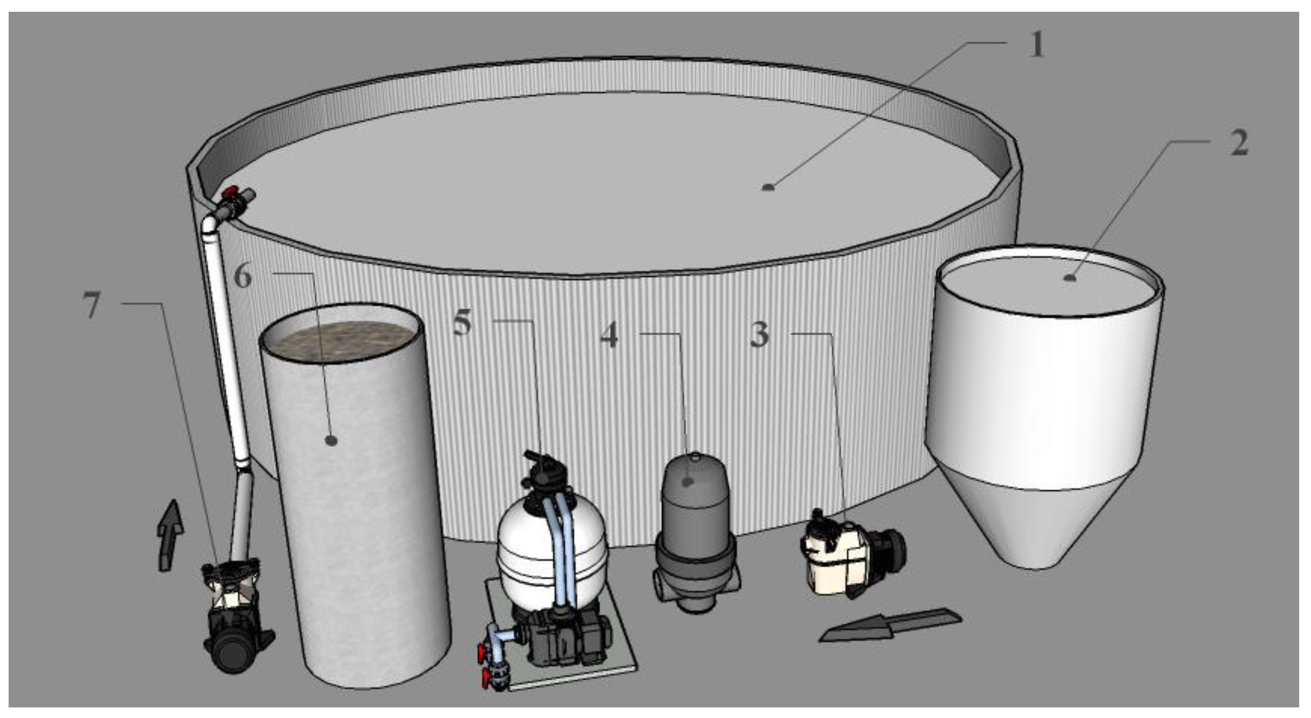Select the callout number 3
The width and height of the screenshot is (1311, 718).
759,334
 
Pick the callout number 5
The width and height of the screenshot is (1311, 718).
462,322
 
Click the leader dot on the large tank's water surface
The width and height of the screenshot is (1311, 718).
768,187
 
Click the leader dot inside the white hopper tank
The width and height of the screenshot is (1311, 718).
1071,277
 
